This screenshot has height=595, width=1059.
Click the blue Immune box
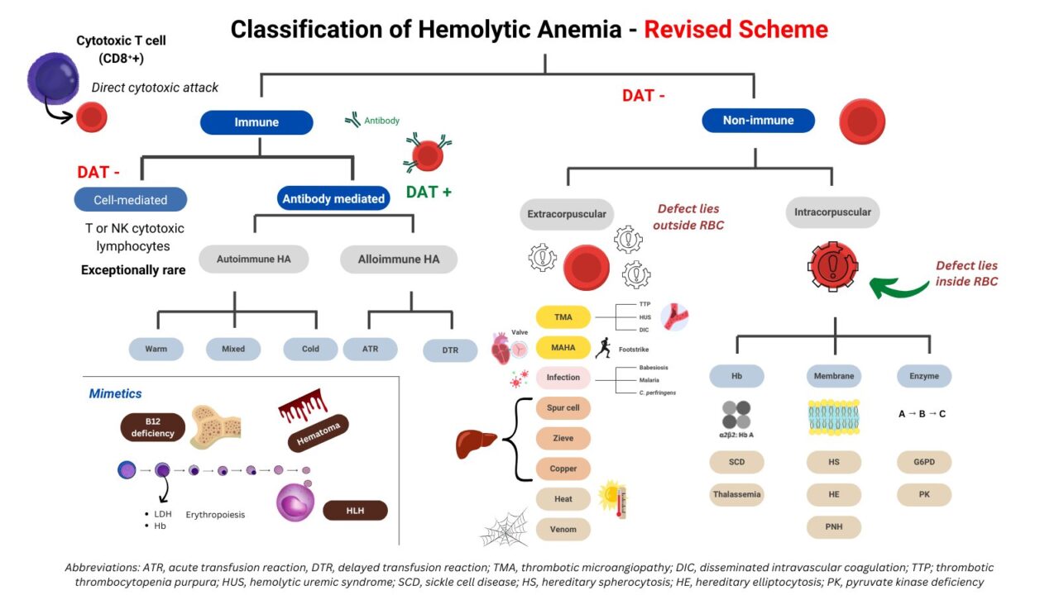pos(256,122)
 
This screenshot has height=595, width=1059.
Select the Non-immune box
pos(758,121)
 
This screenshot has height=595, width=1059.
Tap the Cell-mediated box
pos(130,200)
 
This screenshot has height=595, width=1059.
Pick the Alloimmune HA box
pos(398,259)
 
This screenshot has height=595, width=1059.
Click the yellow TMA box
pos(563,317)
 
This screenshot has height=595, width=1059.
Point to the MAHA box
pos(563,347)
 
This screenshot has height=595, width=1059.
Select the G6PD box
pos(924,462)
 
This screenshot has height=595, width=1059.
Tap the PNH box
pos(833,526)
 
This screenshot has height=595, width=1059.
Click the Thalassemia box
pos(736,495)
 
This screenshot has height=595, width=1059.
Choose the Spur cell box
pos(563,408)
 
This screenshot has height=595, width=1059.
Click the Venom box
pos(563,529)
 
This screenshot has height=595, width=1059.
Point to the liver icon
pos(477,444)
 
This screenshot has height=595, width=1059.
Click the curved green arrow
pos(898,287)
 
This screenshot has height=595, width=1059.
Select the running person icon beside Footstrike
pos(603,348)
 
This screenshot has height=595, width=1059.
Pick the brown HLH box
pos(355,511)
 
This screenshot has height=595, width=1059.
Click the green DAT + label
pos(429,193)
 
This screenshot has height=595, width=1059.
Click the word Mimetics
pos(115,394)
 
